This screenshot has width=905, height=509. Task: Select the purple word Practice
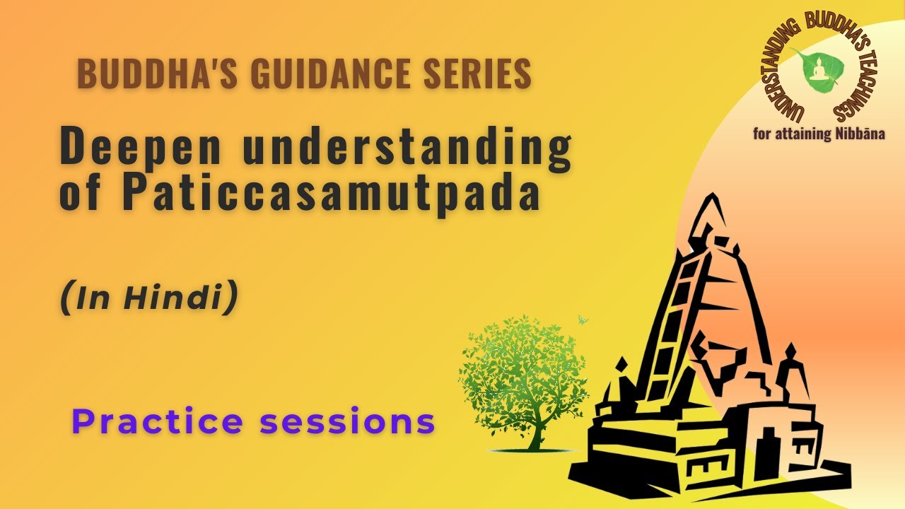pos(157,422)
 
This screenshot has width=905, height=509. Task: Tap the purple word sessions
pos(346,422)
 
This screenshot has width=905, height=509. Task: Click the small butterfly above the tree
pos(583,320)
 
